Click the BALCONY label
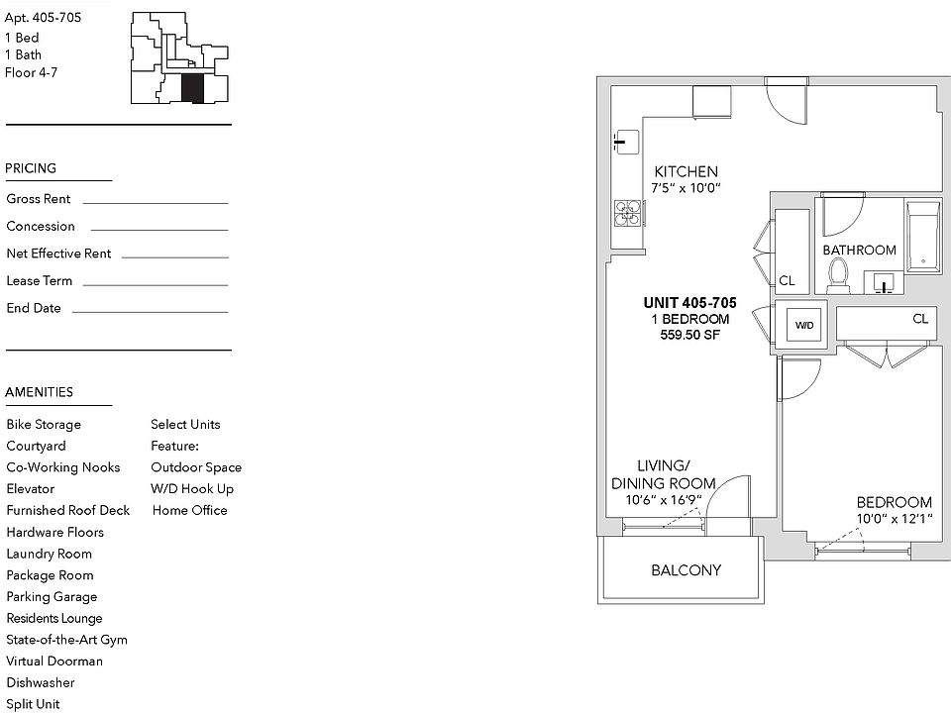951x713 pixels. pyautogui.click(x=686, y=570)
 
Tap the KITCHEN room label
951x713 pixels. pyautogui.click(x=686, y=171)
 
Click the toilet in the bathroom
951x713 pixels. pyautogui.click(x=839, y=274)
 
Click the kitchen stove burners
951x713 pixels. pyautogui.click(x=625, y=213)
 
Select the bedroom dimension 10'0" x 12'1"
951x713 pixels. pyautogui.click(x=895, y=519)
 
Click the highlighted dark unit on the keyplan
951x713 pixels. pyautogui.click(x=192, y=89)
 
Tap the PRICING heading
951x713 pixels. pyautogui.click(x=31, y=168)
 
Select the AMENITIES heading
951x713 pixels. pyautogui.click(x=40, y=392)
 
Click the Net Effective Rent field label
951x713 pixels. pyautogui.click(x=58, y=254)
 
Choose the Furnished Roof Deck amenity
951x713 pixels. pyautogui.click(x=67, y=510)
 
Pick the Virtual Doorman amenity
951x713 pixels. pyautogui.click(x=54, y=661)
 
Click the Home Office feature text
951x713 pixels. pyautogui.click(x=189, y=510)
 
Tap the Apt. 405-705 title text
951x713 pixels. pyautogui.click(x=44, y=17)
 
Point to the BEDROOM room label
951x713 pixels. pyautogui.click(x=895, y=502)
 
